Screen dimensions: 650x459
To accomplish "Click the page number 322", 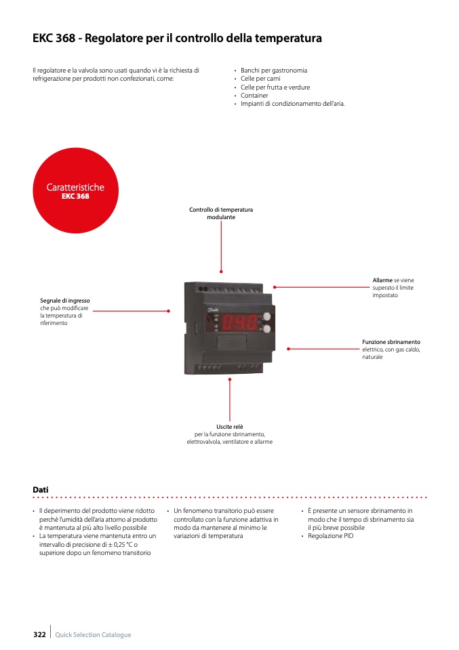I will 39,634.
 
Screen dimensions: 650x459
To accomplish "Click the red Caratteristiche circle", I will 75,191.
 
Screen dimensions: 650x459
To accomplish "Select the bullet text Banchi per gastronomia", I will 274,71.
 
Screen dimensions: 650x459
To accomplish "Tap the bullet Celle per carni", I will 260,79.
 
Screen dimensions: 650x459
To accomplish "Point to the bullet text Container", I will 254,96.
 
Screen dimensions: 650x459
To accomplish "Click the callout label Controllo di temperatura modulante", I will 221,213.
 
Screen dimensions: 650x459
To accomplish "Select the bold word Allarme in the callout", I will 382,280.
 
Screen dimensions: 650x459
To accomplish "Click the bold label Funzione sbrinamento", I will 391,342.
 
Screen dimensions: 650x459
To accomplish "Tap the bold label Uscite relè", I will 230,427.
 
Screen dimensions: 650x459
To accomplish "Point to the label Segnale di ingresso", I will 65,300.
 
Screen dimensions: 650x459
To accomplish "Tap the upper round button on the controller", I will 266,316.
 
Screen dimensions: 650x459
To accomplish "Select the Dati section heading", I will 41,489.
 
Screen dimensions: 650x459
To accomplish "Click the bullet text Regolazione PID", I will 331,536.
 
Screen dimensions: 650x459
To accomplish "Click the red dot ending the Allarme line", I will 274,286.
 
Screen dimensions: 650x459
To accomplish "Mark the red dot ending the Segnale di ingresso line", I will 168,311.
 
